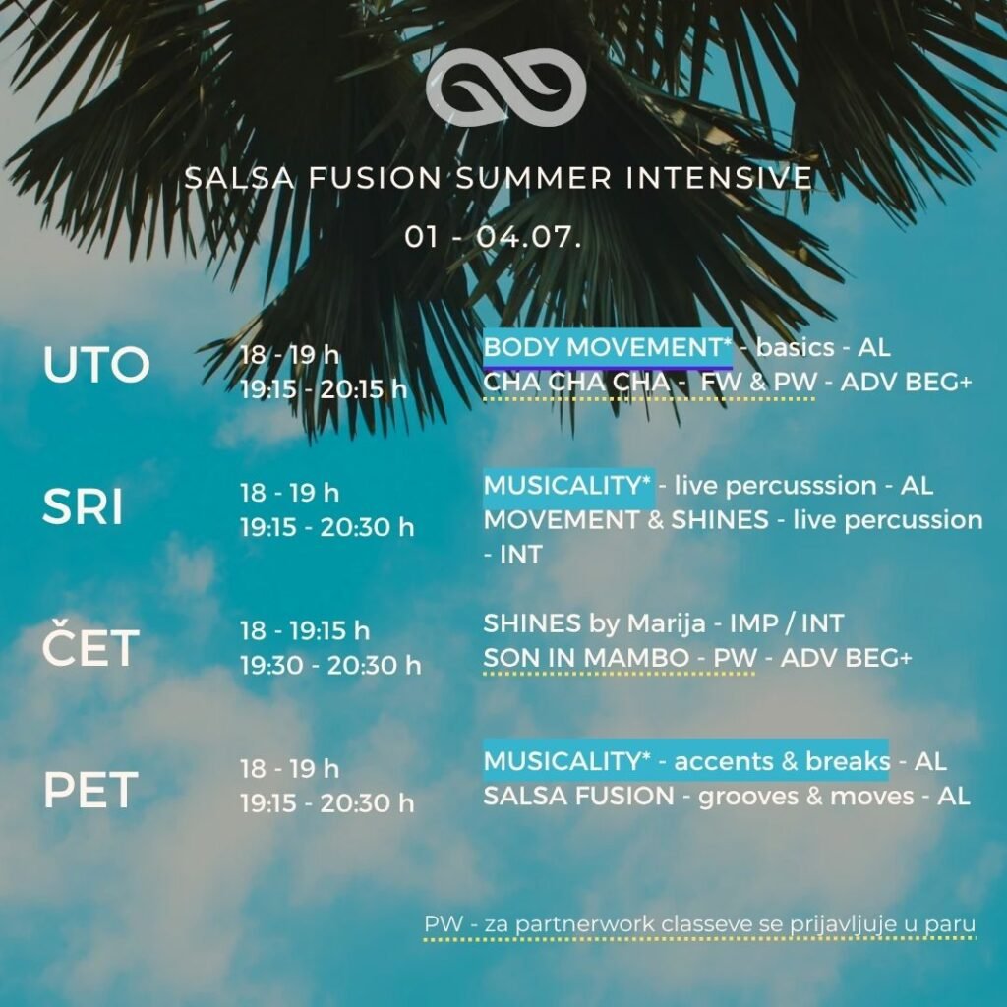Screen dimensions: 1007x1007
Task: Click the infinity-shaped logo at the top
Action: pos(506,87)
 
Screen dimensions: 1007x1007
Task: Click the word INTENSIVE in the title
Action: pos(719,178)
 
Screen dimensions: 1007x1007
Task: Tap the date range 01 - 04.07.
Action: pos(494,237)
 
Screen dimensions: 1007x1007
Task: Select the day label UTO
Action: pos(96,365)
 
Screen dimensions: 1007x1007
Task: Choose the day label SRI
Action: pos(83,506)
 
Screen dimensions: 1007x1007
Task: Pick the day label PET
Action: pos(90,790)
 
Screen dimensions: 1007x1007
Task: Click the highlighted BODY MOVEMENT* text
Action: pos(608,347)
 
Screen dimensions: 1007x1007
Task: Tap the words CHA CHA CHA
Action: pos(576,383)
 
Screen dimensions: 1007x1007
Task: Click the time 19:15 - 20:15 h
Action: pos(324,389)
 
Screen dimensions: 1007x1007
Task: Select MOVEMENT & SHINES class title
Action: pos(626,520)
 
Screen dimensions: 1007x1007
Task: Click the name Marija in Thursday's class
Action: pos(666,623)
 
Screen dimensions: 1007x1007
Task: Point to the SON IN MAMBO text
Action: pos(586,658)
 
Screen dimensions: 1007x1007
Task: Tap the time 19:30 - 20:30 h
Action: pos(330,666)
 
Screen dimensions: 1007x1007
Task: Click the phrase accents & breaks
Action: pos(782,762)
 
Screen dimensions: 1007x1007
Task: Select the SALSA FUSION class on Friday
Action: pos(578,797)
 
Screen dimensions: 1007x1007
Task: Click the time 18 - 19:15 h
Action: pos(305,630)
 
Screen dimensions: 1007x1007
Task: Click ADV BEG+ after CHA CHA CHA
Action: pos(907,383)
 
